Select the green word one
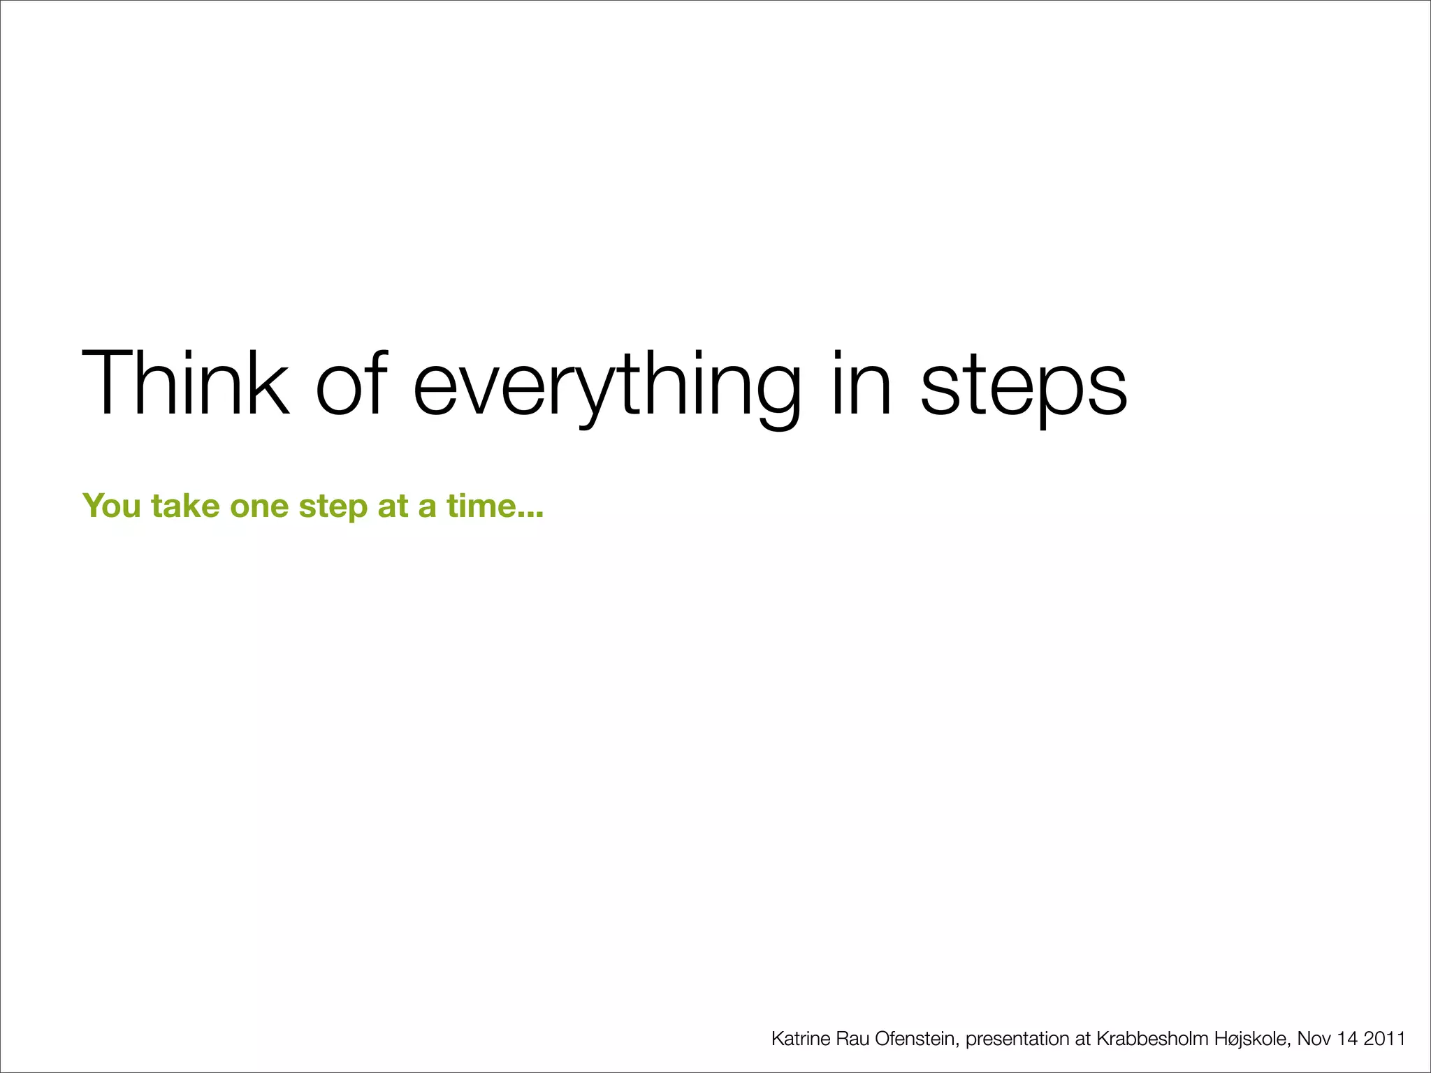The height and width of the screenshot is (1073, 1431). [x=259, y=506]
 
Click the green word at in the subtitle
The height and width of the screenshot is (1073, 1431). [x=393, y=506]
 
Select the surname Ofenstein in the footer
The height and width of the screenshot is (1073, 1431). [x=915, y=1039]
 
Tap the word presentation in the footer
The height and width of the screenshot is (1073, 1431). [x=1018, y=1039]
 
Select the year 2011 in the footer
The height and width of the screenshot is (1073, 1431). [x=1385, y=1039]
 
